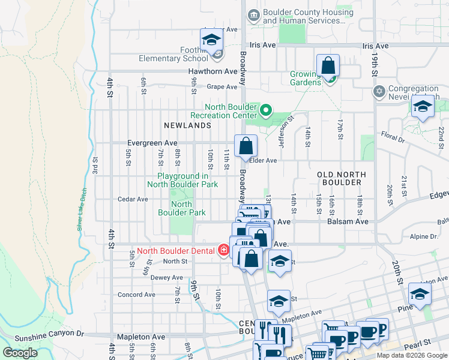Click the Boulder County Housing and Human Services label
(304, 16)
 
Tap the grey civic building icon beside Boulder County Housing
(254, 14)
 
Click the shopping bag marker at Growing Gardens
(328, 66)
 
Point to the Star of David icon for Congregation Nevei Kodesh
(378, 92)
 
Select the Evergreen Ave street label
(152, 143)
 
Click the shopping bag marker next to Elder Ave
(246, 146)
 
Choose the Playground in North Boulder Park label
(187, 180)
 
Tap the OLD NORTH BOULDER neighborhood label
(340, 178)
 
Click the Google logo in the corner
(20, 353)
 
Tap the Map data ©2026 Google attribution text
(411, 355)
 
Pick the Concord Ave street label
(136, 295)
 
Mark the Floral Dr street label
(393, 137)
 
